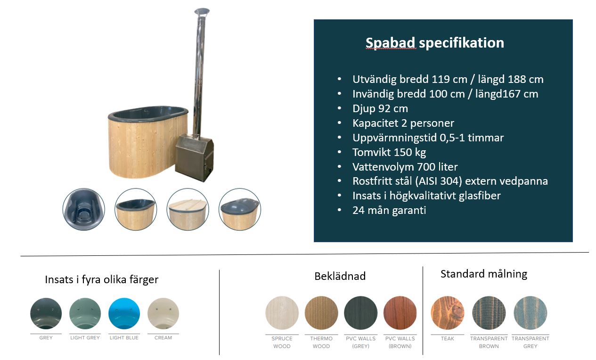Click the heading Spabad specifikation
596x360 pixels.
pos(435,43)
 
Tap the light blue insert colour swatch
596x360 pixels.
pos(124,313)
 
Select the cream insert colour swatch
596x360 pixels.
pos(163,313)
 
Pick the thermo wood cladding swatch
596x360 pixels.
pos(321,313)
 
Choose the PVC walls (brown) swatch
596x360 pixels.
pos(400,313)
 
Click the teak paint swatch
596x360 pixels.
pos(448,313)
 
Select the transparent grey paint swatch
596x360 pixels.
pos(531,313)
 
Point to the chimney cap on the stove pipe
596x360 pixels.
pos(202,12)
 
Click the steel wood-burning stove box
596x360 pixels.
pos(194,158)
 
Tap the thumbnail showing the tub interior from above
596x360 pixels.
pos(83,209)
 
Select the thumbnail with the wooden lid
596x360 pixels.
pos(188,209)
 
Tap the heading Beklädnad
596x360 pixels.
pos(340,276)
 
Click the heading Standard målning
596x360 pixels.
pos(484,274)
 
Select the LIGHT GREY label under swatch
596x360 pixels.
pos(85,338)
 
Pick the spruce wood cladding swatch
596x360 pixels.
pos(282,313)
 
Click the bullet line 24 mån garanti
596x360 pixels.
pos(389,211)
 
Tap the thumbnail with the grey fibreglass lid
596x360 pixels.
pos(240,209)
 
